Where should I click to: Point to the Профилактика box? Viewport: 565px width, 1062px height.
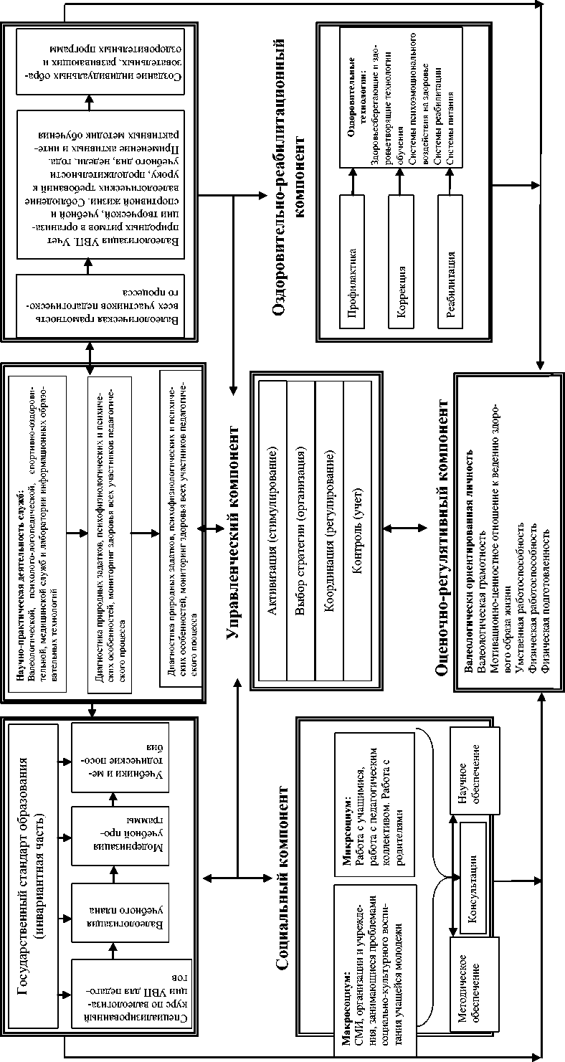(x=352, y=283)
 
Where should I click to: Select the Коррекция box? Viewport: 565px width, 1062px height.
(x=402, y=283)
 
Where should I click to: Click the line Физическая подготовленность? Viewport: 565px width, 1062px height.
(x=546, y=602)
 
